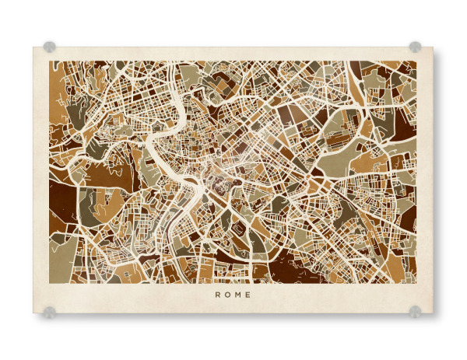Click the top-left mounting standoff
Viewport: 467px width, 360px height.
point(50,47)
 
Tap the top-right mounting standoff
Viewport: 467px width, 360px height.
point(415,47)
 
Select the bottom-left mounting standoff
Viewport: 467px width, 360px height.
point(50,312)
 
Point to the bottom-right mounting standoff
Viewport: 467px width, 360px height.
point(415,312)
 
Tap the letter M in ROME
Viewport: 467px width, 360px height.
point(238,295)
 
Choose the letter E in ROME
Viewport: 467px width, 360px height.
point(249,295)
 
